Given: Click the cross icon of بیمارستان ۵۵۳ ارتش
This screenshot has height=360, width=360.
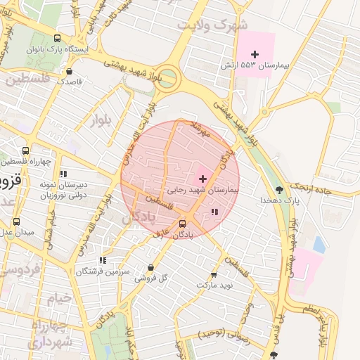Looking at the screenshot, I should click(255, 54).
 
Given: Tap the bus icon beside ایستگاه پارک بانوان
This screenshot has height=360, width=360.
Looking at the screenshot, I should click(57, 39).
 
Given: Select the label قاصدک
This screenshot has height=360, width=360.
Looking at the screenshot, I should click(70, 82).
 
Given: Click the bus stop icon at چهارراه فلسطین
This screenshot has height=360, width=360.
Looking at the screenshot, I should click(26, 150).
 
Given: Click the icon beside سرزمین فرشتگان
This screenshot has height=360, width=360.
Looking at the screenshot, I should click(103, 260).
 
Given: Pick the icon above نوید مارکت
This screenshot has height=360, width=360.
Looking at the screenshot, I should click(214, 275).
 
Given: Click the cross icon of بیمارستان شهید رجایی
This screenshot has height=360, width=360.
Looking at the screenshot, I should click(203, 179).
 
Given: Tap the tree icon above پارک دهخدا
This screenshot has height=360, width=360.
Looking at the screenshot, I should click(280, 190).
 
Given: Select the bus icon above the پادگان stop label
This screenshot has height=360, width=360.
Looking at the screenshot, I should click(183, 224).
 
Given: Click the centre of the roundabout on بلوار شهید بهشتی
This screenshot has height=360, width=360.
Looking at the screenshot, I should click(166, 77).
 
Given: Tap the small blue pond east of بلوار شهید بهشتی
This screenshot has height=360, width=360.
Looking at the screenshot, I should click(319, 244).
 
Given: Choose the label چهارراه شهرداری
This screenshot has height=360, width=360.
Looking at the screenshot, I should click(49, 334).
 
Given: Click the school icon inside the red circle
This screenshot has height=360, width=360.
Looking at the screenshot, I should click(214, 211).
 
